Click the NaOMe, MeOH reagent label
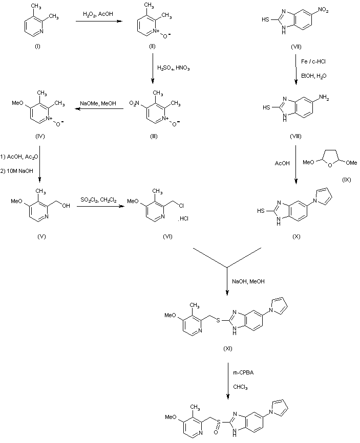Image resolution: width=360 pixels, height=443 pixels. point(98,103)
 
